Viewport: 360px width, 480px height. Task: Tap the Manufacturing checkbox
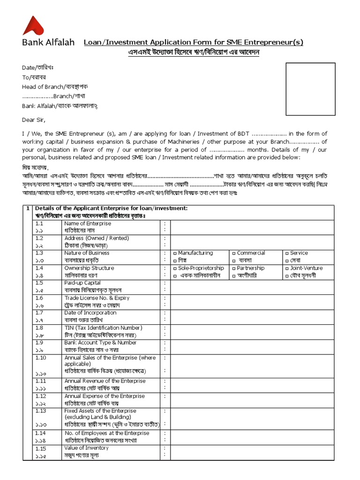point(175,253)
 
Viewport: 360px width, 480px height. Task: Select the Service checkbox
point(287,253)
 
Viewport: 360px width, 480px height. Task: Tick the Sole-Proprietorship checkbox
point(175,268)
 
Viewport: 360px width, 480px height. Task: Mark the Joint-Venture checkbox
point(287,268)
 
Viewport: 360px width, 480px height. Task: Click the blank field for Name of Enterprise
point(253,227)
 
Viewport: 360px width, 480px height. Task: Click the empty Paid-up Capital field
point(253,286)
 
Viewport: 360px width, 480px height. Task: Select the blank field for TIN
point(253,331)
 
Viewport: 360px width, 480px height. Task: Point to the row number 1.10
point(41,358)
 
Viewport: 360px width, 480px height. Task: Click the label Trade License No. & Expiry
point(97,298)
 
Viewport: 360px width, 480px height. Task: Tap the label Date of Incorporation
point(90,313)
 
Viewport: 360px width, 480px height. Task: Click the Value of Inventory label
point(86,448)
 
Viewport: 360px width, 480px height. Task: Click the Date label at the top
point(29,67)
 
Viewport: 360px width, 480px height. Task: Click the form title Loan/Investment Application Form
point(193,42)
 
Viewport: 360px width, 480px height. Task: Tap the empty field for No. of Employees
point(253,436)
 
